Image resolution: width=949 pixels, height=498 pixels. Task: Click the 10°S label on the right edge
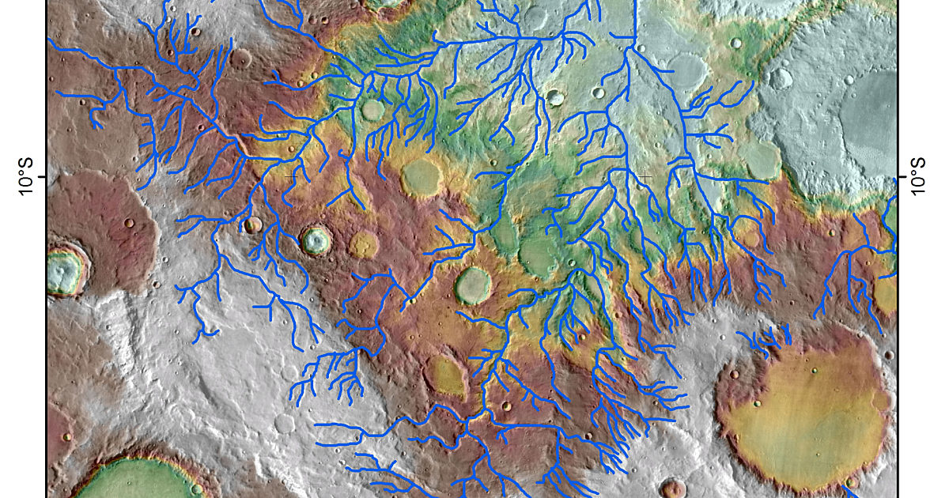tap(920, 176)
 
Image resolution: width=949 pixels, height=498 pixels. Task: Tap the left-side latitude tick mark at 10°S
tap(42, 177)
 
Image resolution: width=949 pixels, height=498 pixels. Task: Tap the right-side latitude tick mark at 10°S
tap(903, 177)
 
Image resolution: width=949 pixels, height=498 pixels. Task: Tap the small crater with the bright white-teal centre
tap(316, 240)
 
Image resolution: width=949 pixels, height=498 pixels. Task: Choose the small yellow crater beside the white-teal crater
tap(363, 244)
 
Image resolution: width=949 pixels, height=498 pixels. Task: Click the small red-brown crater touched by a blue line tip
tap(253, 225)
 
